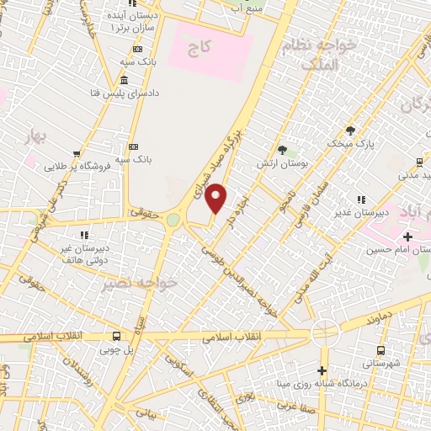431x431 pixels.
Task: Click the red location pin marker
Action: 216,197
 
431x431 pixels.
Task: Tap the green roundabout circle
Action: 173,220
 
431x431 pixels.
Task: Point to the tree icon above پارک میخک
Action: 350,130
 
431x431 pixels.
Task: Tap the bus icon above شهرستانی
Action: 381,349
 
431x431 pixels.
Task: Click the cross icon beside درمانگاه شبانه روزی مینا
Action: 322,370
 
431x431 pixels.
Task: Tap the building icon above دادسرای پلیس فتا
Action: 125,81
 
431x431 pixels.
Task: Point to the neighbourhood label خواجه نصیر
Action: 139,284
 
